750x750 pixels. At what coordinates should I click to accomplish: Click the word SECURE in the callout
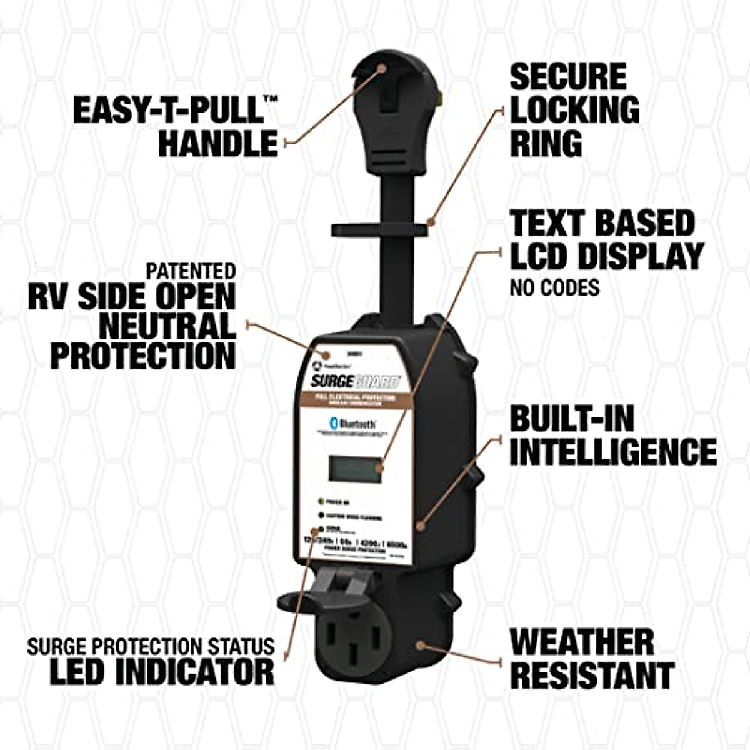tap(567, 77)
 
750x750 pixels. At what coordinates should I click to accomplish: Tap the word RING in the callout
tap(546, 143)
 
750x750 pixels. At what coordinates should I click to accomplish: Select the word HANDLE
tap(217, 142)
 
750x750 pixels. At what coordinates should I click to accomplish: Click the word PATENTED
tap(191, 271)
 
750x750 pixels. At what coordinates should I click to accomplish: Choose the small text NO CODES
tap(554, 287)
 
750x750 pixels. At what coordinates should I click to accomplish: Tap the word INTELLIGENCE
tap(612, 451)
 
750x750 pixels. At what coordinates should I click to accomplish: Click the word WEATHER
tap(581, 641)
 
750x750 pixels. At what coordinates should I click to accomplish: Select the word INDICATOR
tap(200, 671)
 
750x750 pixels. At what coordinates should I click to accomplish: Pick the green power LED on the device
tap(320, 501)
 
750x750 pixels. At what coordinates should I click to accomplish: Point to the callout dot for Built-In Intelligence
tap(421, 525)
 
